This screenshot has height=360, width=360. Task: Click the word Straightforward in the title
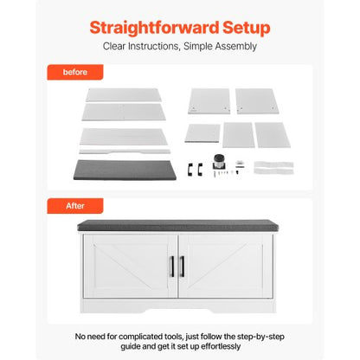tap(154, 29)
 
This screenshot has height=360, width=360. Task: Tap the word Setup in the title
tap(247, 29)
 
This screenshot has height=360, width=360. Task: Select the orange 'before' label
tap(75, 72)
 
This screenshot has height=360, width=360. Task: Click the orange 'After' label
tap(75, 206)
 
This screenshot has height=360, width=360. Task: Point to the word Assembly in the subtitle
tap(236, 47)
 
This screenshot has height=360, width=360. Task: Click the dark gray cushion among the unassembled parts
tap(125, 170)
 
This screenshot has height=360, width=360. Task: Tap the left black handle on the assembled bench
tap(172, 267)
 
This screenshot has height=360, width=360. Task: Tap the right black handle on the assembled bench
tap(182, 267)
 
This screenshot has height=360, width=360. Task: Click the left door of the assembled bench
tap(130, 266)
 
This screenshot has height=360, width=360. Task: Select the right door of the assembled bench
tap(226, 266)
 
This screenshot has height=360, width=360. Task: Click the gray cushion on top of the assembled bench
tap(178, 225)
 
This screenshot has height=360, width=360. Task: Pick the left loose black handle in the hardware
tap(190, 169)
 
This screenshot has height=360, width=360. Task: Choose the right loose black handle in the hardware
tap(200, 169)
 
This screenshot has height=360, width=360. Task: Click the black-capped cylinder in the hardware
tap(219, 162)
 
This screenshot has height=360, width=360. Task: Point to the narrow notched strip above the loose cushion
tap(125, 151)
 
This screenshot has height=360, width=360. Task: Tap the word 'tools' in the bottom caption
tap(174, 337)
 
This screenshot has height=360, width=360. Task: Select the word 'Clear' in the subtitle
tap(114, 46)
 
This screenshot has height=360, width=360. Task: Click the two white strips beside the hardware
tap(273, 168)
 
